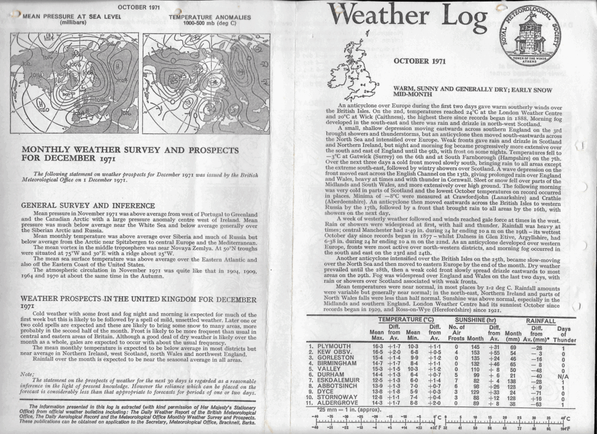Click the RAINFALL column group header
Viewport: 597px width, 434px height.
coord(540,320)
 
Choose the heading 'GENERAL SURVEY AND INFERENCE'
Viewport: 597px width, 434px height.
coord(87,205)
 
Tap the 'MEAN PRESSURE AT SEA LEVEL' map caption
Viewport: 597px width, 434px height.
coord(72,17)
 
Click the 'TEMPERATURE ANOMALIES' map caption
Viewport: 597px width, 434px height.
coord(209,17)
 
